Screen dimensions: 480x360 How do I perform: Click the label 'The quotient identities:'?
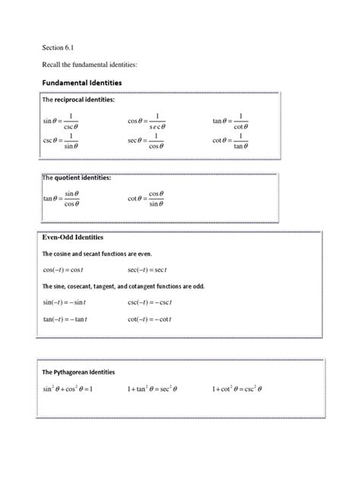click(x=75, y=178)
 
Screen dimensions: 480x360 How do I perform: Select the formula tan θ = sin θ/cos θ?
click(x=62, y=199)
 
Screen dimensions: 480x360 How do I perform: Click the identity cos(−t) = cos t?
click(x=68, y=270)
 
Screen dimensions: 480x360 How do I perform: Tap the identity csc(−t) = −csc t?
click(x=152, y=302)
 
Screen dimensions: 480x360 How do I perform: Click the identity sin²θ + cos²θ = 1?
click(x=68, y=390)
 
